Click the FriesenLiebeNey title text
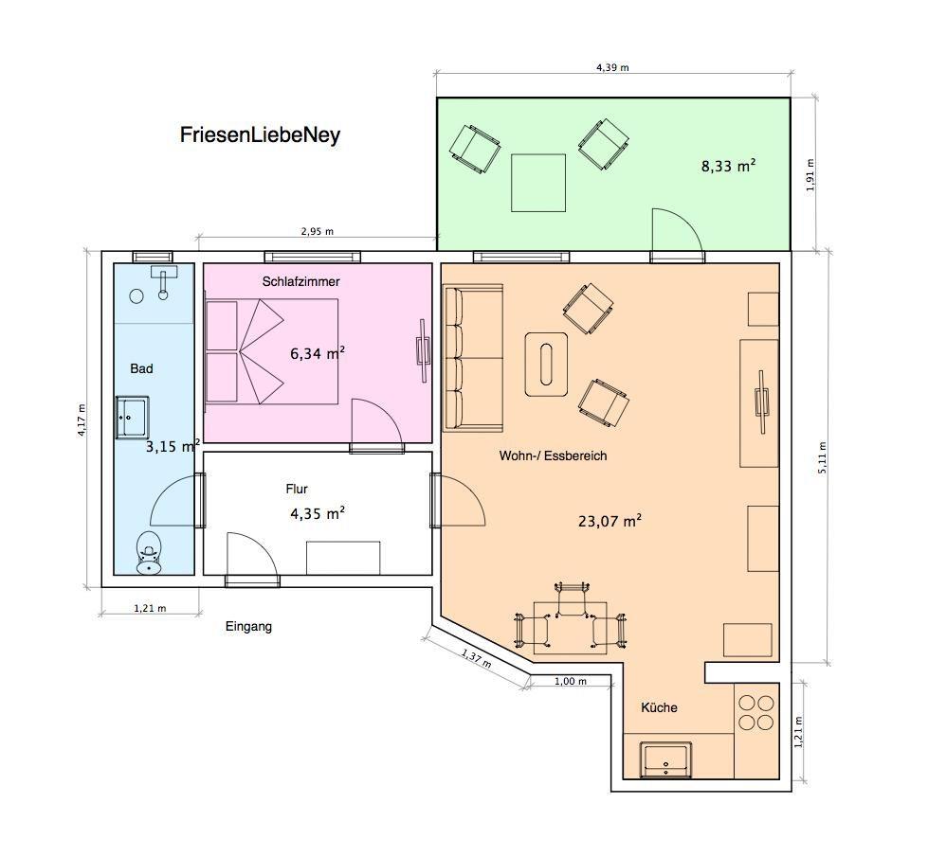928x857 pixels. point(260,135)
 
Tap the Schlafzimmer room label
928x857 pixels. point(300,281)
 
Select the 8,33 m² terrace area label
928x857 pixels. point(729,167)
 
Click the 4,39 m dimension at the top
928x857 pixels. point(612,67)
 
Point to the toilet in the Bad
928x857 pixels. point(149,552)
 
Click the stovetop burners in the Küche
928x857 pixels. point(756,713)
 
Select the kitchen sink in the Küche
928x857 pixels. point(665,759)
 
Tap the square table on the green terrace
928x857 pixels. point(538,183)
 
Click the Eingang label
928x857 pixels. point(248,626)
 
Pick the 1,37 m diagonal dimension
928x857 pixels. point(477,658)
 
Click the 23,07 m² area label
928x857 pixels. point(610,521)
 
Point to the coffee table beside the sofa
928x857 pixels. point(546,365)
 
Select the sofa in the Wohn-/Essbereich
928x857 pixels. point(473,358)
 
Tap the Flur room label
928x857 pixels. point(297,490)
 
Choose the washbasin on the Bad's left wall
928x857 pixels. point(132,418)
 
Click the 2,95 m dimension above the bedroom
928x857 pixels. point(318,231)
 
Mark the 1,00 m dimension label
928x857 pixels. point(571,681)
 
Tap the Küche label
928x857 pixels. point(660,707)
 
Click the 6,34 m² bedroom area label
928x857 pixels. point(318,353)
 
